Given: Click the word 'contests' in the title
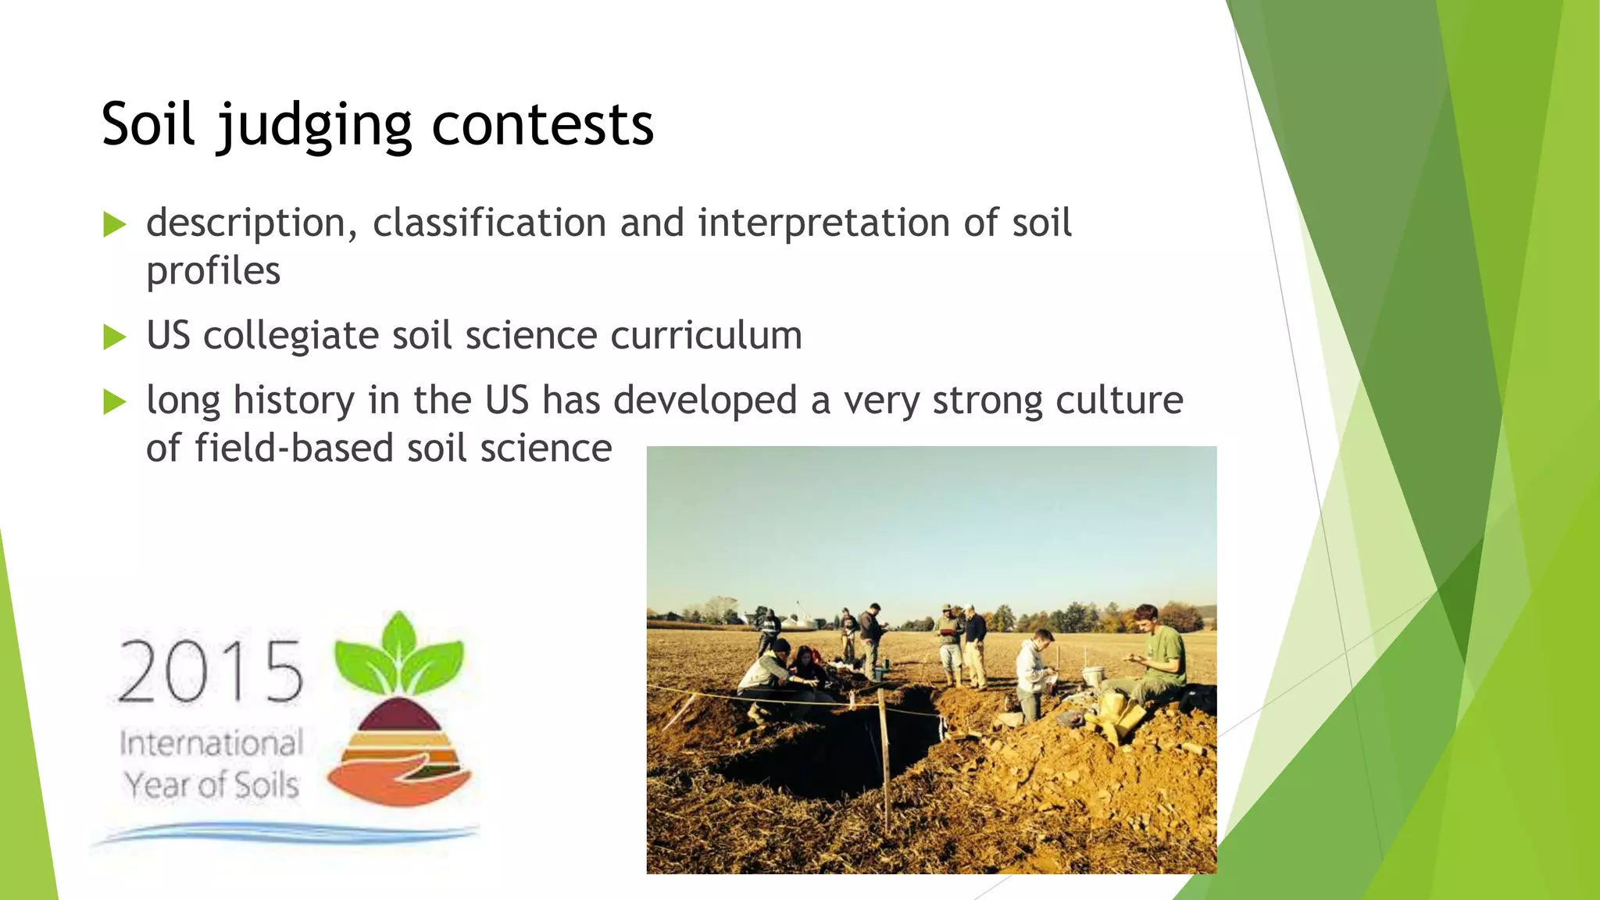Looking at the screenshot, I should coord(542,125).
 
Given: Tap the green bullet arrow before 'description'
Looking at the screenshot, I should coord(115,225).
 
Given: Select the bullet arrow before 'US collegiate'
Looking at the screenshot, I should coord(115,337).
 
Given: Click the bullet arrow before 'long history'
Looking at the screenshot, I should coord(115,402).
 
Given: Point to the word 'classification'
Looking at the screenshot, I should coord(489,223).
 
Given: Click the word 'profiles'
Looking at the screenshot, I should coord(212,272).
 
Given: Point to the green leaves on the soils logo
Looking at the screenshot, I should coord(399,653).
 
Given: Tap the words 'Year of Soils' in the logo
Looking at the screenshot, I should coord(211,785).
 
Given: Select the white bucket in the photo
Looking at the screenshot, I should coord(1093,677).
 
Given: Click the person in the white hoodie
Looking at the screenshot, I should coord(1034,672).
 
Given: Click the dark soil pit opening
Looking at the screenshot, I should coord(828,750).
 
